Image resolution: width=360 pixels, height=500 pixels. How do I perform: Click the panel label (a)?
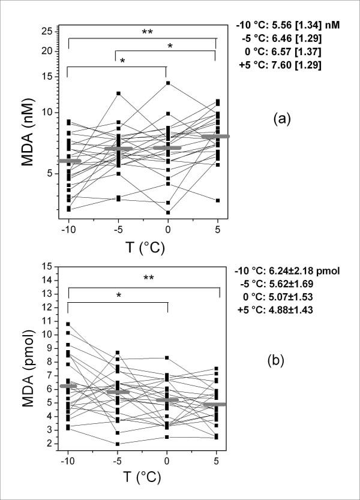281,118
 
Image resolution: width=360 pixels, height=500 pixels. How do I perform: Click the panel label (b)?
281,361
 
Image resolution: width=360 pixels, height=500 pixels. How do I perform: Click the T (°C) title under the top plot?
143,246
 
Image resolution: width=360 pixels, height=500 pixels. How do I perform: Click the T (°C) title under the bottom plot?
143,481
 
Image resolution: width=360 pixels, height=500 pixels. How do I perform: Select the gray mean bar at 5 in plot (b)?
215,404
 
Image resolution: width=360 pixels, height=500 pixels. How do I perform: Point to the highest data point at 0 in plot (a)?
168,83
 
